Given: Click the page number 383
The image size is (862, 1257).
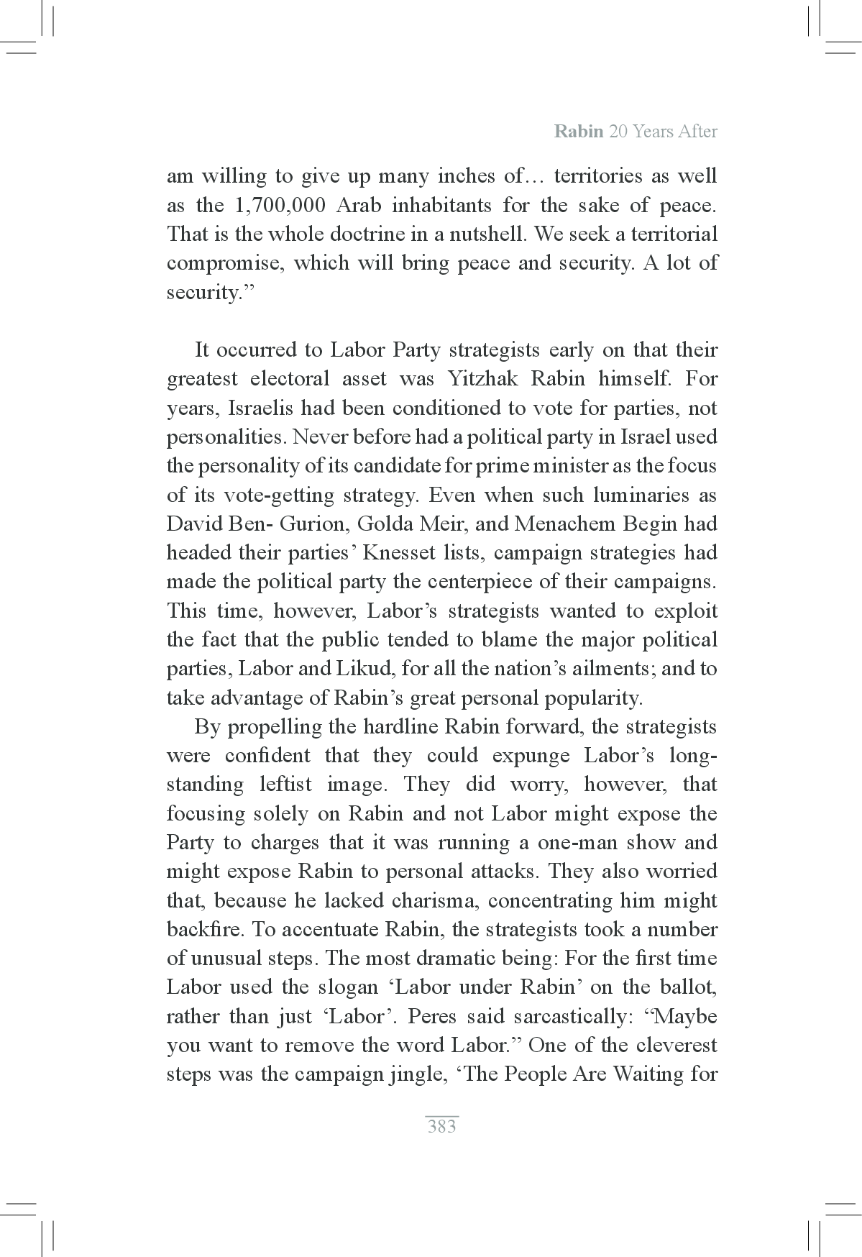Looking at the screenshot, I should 441,1126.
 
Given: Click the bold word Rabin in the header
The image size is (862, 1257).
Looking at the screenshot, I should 579,132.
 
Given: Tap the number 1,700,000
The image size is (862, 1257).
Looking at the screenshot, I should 278,206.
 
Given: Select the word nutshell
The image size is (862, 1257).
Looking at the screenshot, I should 490,234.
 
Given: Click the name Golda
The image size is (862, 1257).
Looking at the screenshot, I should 388,524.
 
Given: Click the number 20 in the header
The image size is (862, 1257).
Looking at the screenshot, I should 617,132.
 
